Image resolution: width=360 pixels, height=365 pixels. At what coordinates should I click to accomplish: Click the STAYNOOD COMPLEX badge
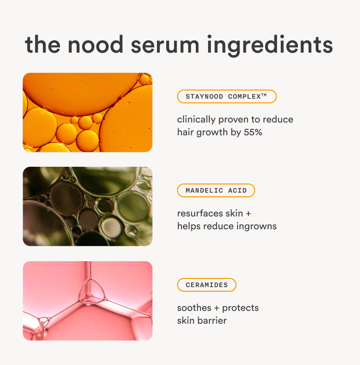pyautogui.click(x=227, y=96)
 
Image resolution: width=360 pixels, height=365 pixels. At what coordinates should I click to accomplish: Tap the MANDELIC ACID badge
pyautogui.click(x=216, y=190)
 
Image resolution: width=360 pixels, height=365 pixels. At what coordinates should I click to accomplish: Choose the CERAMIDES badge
pyautogui.click(x=207, y=285)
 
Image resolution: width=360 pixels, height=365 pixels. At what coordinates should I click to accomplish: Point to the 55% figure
pyautogui.click(x=253, y=132)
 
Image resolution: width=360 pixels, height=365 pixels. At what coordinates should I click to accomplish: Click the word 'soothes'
pyautogui.click(x=194, y=308)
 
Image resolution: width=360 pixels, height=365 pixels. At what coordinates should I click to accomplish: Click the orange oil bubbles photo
pyautogui.click(x=88, y=112)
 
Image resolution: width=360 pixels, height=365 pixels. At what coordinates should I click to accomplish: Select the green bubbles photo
pyautogui.click(x=88, y=206)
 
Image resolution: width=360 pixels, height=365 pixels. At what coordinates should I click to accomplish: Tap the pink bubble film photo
pyautogui.click(x=88, y=301)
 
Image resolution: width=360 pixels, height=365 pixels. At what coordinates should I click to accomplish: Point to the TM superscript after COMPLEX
pyautogui.click(x=264, y=95)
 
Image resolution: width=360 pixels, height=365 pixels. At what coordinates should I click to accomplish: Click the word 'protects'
pyautogui.click(x=240, y=308)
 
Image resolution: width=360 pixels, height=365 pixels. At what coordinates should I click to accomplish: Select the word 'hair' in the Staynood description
pyautogui.click(x=185, y=132)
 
